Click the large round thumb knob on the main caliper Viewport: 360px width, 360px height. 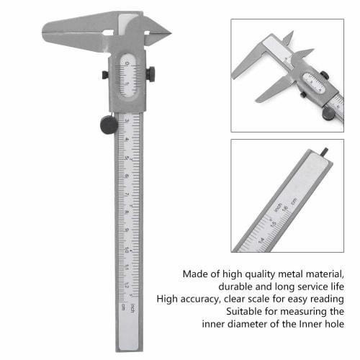coord(109,125)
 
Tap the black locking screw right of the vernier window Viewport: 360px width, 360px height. coord(150,73)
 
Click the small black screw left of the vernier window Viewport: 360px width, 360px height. coord(105,75)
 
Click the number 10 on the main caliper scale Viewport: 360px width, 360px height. coord(126,250)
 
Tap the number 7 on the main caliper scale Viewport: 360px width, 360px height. coord(126,194)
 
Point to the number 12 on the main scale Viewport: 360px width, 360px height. coord(126,286)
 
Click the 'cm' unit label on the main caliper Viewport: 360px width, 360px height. coord(125,307)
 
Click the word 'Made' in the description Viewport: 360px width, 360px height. coord(197,274)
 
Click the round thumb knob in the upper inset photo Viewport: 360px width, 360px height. coord(328,112)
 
